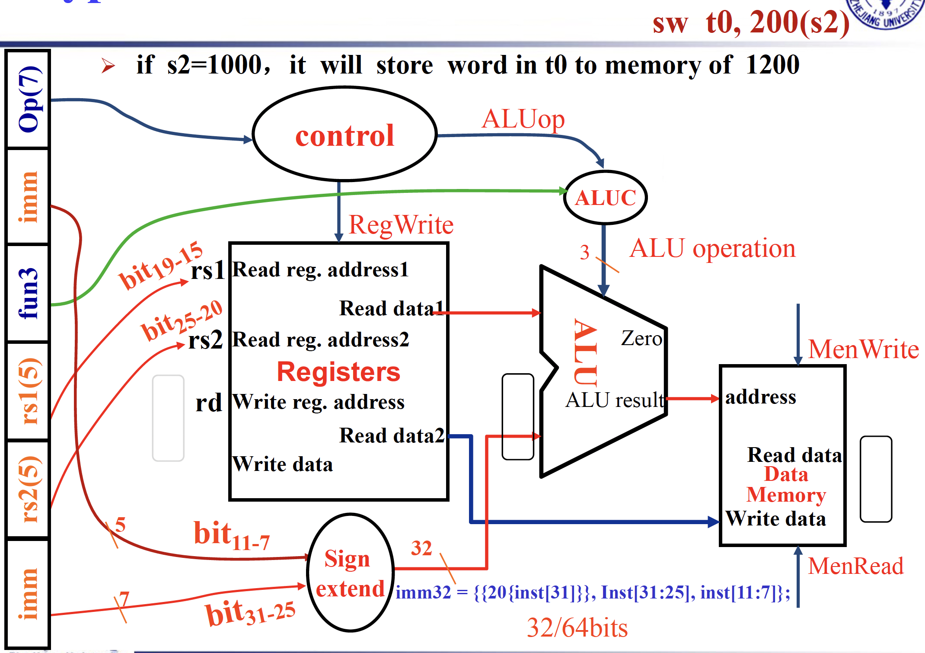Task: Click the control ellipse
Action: tap(344, 134)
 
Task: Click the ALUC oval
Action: tap(605, 198)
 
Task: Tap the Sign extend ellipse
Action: tap(350, 573)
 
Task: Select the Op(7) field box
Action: tap(29, 99)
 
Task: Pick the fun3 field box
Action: tap(29, 293)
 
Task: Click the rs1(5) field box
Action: tap(29, 391)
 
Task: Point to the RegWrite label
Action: tap(401, 225)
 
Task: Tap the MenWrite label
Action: tap(863, 349)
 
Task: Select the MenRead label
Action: tap(855, 566)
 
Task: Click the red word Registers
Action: tap(338, 372)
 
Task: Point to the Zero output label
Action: tap(641, 338)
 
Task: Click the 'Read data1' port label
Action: tap(392, 308)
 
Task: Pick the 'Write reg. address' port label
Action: tap(319, 402)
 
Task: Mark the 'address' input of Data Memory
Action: tap(760, 397)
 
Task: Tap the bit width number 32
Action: tap(421, 548)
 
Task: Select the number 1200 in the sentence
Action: tap(772, 65)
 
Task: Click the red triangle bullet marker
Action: tap(108, 66)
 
